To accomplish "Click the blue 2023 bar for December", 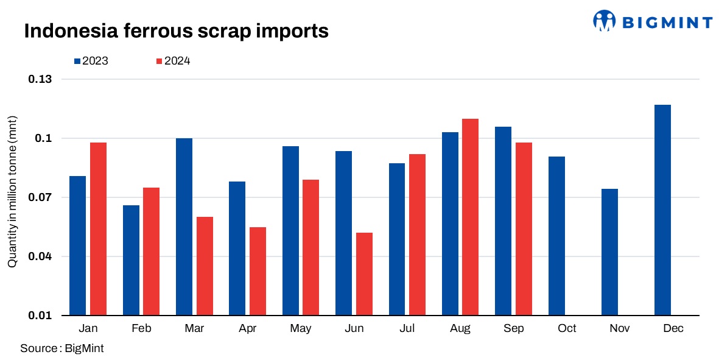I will [662, 210].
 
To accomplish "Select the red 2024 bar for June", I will [364, 274].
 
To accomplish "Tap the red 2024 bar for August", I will [471, 217].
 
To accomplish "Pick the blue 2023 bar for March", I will [184, 227].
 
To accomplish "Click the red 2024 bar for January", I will [98, 229].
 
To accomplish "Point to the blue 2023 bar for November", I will [609, 252].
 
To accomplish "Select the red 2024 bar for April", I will [258, 271].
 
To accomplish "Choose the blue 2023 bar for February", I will [131, 260].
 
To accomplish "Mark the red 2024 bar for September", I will [524, 229].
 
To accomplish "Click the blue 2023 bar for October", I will [556, 236].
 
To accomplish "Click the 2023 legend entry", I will [91, 61].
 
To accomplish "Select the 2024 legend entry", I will [174, 61].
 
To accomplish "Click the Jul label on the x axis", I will [407, 328].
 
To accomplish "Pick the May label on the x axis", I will [300, 328].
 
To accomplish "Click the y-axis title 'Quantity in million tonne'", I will [12, 191].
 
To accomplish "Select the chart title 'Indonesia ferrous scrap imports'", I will [176, 31].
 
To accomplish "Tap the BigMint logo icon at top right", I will [605, 21].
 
